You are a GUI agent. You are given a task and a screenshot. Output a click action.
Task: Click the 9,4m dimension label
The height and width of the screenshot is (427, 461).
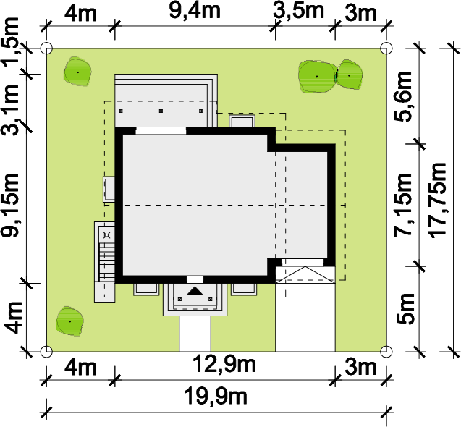[x=195, y=11]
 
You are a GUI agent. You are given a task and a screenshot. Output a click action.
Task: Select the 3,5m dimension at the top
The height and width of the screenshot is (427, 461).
[x=298, y=11]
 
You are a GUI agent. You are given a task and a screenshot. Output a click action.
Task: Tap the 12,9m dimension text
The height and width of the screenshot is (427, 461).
[x=224, y=364]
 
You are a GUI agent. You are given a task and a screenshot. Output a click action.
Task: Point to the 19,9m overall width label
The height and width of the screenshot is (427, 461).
[x=216, y=396]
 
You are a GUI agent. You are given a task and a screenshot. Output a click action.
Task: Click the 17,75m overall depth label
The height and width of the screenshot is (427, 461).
[x=437, y=200]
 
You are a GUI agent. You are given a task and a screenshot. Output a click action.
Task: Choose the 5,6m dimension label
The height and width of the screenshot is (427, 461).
[x=403, y=96]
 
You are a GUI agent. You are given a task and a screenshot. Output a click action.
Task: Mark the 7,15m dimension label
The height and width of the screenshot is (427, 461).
[x=403, y=205]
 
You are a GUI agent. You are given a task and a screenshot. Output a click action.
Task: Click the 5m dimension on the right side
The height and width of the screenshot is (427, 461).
[x=405, y=309]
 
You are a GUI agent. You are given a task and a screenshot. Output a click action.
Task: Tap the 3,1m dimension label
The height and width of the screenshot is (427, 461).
[x=10, y=109]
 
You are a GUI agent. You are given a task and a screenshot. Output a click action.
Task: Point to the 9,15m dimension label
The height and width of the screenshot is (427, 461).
[x=10, y=205]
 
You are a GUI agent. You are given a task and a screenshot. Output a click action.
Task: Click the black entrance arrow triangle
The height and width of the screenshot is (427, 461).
[x=195, y=291]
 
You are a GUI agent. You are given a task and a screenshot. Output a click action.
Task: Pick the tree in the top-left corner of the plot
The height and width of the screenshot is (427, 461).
[x=77, y=72]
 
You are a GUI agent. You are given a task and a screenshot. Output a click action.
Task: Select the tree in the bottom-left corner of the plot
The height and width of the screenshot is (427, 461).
[x=69, y=321]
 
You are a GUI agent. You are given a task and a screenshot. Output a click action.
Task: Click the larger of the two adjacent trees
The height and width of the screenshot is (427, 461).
[x=317, y=77]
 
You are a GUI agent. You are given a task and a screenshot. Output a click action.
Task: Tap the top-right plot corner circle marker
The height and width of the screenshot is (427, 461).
[x=386, y=48]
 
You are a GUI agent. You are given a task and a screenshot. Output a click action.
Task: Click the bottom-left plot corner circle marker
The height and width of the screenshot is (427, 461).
[x=46, y=351]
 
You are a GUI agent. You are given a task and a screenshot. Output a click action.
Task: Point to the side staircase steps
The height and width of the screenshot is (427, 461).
[x=106, y=262]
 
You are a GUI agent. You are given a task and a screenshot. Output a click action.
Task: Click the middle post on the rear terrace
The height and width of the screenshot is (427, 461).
[x=161, y=111]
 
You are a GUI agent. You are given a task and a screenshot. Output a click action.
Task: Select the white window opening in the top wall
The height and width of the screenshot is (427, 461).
[x=161, y=131]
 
